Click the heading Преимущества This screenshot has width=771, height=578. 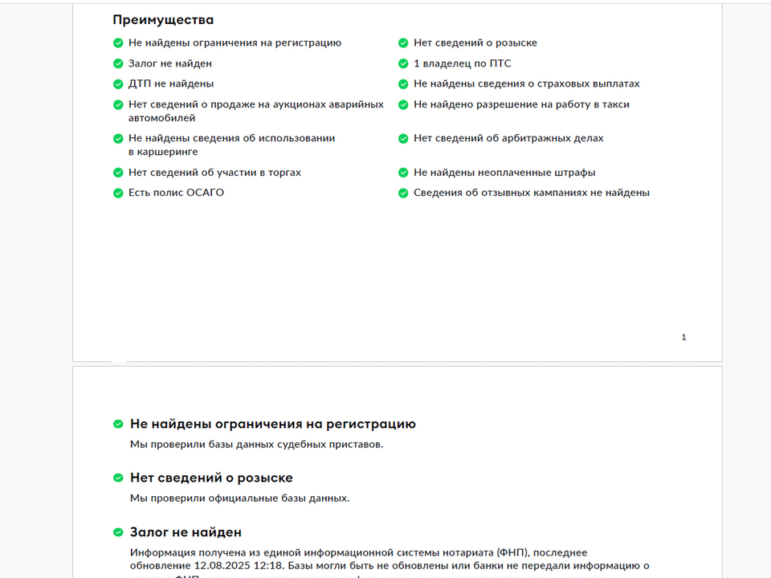click(x=163, y=20)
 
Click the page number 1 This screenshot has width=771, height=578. click(x=683, y=337)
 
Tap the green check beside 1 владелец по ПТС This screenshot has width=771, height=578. click(x=403, y=63)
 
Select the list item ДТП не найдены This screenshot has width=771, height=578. click(x=171, y=83)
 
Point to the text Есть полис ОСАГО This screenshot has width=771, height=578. click(x=176, y=193)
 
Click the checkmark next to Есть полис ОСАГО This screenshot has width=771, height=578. click(x=118, y=193)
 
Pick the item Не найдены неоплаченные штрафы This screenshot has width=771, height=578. click(x=504, y=173)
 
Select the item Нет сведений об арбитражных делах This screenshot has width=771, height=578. click(x=508, y=138)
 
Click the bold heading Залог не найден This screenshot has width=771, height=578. click(x=186, y=532)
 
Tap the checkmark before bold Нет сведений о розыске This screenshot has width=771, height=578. click(x=118, y=478)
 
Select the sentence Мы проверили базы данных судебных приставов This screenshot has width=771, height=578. click(x=256, y=444)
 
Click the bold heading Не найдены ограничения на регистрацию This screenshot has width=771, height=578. click(x=273, y=424)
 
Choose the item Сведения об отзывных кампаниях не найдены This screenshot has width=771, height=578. click(x=532, y=193)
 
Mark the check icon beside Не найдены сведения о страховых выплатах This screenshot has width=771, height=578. click(x=403, y=83)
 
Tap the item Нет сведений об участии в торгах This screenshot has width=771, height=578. click(x=214, y=173)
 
